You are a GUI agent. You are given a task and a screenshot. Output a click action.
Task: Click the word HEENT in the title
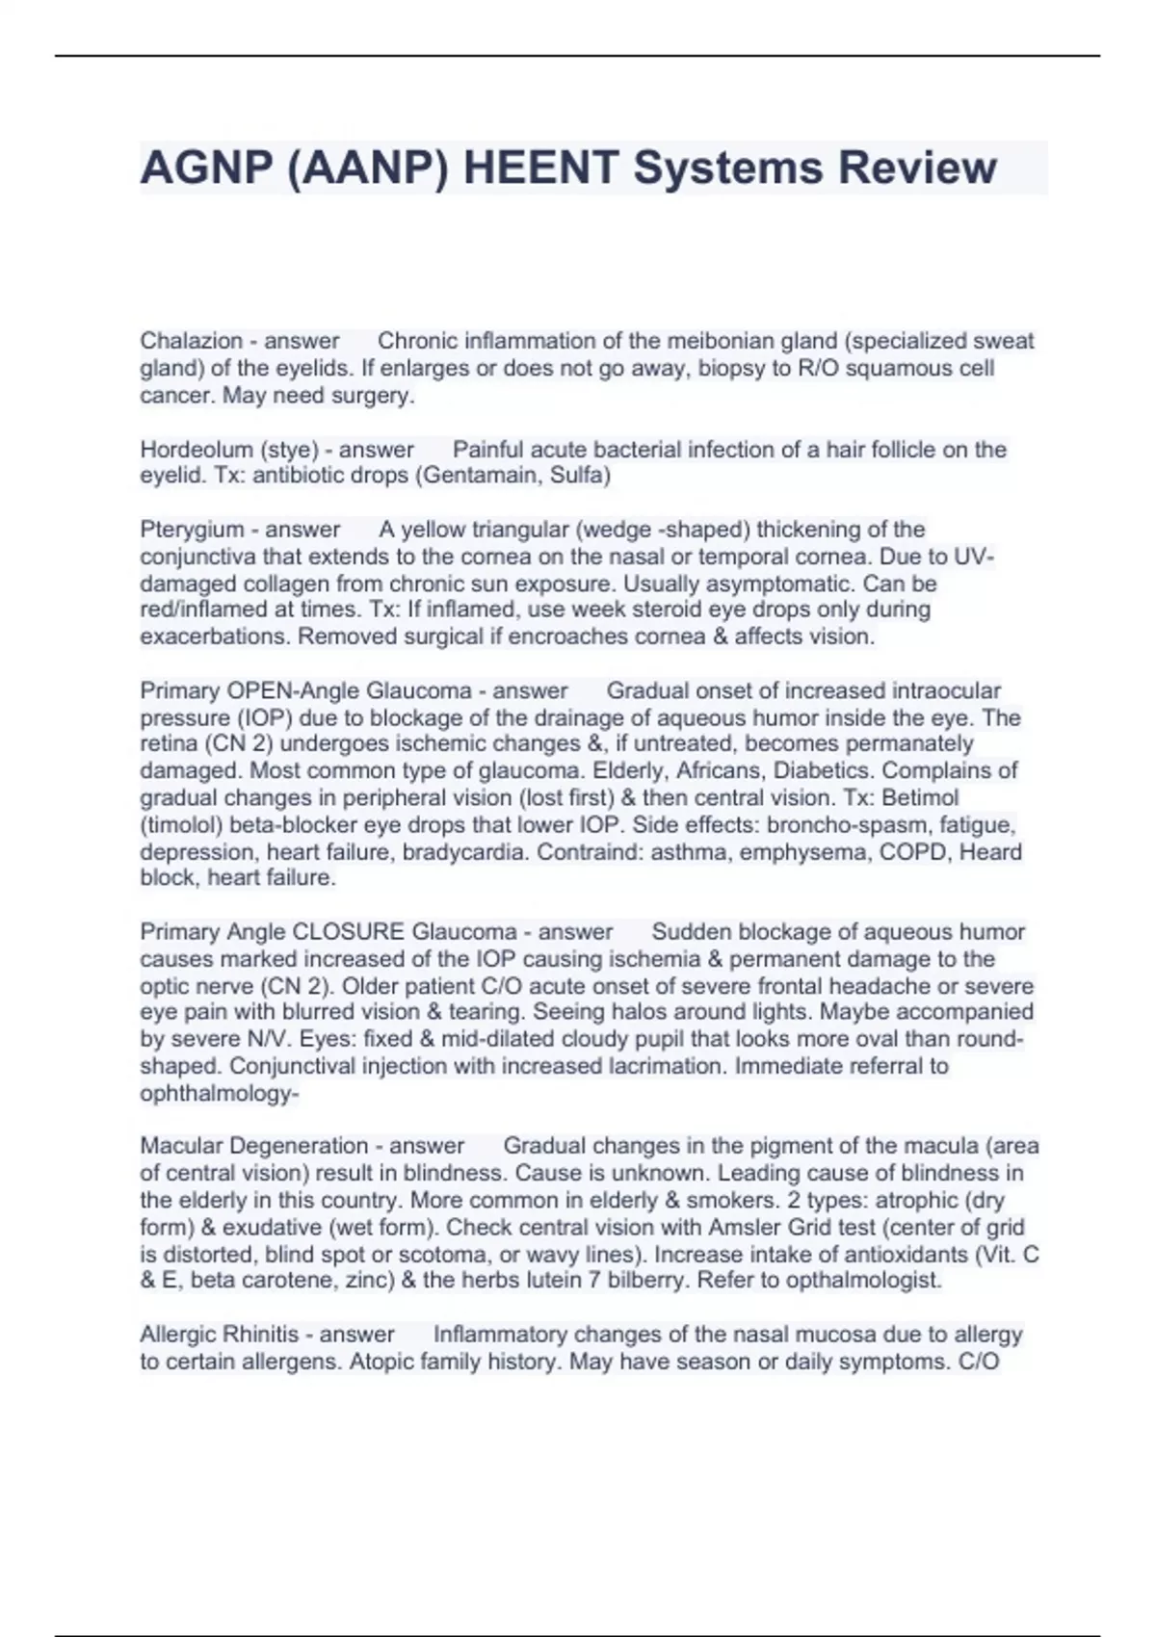[x=540, y=168]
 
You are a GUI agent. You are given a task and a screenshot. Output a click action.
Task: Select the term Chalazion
[x=191, y=341]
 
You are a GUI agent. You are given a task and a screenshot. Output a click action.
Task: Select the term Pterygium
[x=192, y=530]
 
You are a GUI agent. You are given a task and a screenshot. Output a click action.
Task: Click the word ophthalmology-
[x=220, y=1094]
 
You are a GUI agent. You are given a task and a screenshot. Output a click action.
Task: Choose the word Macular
[x=181, y=1146]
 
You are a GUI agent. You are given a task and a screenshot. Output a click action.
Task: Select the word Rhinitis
[x=259, y=1335]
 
